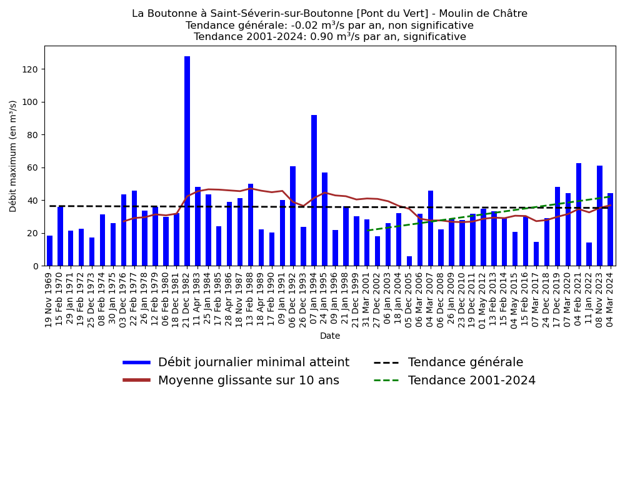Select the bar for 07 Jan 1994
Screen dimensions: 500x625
(x=314, y=191)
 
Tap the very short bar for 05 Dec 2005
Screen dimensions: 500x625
(x=409, y=261)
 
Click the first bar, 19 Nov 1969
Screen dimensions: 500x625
(x=49, y=251)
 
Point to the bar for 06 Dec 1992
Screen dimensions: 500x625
(x=292, y=216)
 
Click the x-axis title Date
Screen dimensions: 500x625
(x=330, y=336)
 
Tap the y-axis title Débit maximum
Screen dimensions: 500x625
(x=13, y=156)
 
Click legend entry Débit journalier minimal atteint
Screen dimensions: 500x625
(x=253, y=362)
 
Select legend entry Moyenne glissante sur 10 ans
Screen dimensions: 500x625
(x=248, y=381)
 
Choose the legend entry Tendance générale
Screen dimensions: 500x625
(x=465, y=362)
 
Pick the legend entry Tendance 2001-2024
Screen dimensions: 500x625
(x=471, y=381)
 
